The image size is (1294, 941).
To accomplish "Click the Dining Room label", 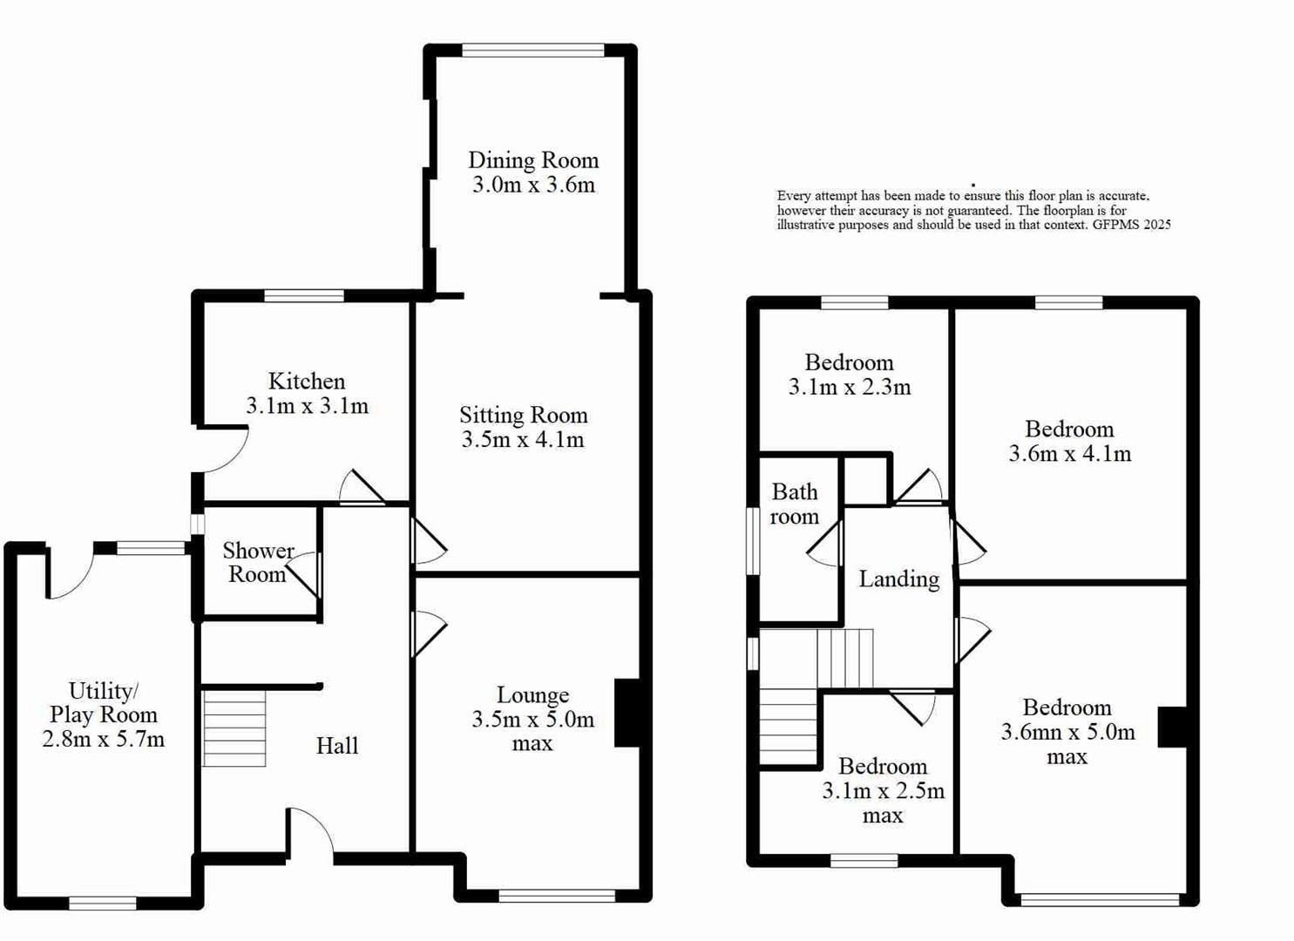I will click(x=533, y=160).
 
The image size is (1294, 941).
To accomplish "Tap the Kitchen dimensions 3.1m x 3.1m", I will click(x=307, y=406).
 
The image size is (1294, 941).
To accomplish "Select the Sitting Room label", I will click(x=523, y=416).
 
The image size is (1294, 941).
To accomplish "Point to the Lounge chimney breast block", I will click(x=627, y=713).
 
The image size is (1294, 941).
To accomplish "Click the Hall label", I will click(x=337, y=746).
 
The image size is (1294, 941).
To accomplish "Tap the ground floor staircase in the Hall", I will click(x=234, y=728).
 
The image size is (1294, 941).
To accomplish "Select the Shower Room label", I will click(x=257, y=563).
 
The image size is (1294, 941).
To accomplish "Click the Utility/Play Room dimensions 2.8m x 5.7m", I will click(x=103, y=740).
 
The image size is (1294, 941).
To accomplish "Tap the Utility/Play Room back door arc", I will click(x=70, y=576).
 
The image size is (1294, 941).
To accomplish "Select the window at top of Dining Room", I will click(x=532, y=51).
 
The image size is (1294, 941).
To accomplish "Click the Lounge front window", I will click(x=557, y=895).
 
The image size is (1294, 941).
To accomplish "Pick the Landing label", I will click(x=898, y=579).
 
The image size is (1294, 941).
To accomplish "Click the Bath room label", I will click(x=794, y=504).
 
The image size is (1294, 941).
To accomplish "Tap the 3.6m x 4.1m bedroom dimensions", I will click(x=1069, y=454).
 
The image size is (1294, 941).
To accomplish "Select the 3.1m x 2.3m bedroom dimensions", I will click(x=849, y=388).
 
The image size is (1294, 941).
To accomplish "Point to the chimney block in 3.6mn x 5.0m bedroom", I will click(x=1172, y=726).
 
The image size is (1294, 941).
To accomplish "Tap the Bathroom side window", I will click(x=753, y=541).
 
